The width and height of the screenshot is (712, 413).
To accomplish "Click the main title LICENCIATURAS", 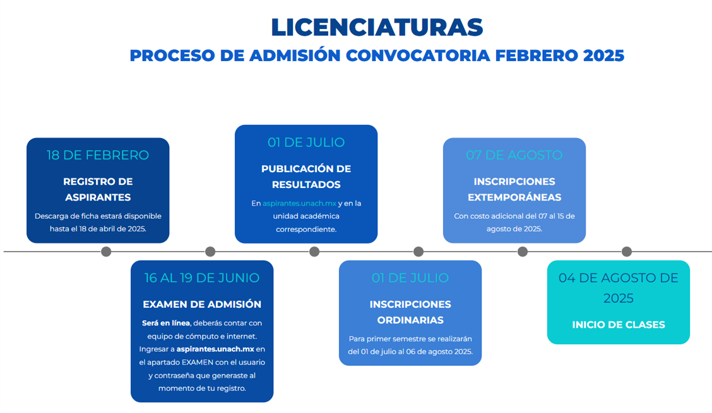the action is pyautogui.click(x=377, y=27).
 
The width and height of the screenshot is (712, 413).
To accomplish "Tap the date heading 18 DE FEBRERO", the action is pyautogui.click(x=98, y=155).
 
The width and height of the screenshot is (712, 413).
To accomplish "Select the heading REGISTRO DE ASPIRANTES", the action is pyautogui.click(x=98, y=189).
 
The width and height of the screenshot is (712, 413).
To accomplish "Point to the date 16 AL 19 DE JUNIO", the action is pyautogui.click(x=201, y=278).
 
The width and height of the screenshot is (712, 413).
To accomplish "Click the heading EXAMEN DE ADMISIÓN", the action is pyautogui.click(x=202, y=304).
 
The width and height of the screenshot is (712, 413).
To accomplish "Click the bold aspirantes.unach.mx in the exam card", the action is pyautogui.click(x=215, y=349).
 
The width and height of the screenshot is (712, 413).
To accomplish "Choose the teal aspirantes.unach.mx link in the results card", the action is pyautogui.click(x=299, y=203).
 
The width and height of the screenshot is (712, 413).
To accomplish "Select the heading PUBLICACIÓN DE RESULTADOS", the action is pyautogui.click(x=306, y=177).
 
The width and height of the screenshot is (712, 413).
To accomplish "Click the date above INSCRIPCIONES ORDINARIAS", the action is pyautogui.click(x=410, y=278).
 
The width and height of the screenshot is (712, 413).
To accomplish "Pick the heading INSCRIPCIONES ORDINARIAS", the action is pyautogui.click(x=410, y=312).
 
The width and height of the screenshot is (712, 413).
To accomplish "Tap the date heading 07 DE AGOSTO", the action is pyautogui.click(x=514, y=155).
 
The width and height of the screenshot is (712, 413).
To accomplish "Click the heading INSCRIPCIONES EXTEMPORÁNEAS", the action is pyautogui.click(x=514, y=189).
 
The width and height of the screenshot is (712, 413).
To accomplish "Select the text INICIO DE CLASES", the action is pyautogui.click(x=619, y=325).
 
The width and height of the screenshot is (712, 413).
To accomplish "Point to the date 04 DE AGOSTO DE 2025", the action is pyautogui.click(x=619, y=288).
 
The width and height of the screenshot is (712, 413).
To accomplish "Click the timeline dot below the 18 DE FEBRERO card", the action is pyautogui.click(x=106, y=252).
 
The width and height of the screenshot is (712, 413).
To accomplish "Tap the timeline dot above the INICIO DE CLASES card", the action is pyautogui.click(x=627, y=252).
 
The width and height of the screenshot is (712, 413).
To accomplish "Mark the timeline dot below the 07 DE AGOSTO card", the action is pyautogui.click(x=523, y=252).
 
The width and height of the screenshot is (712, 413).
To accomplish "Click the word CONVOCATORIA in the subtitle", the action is pyautogui.click(x=418, y=55).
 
